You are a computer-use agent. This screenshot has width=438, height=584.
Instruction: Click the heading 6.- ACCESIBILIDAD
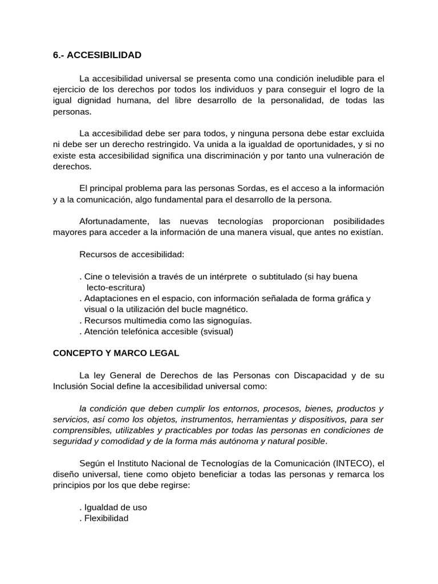coord(97,55)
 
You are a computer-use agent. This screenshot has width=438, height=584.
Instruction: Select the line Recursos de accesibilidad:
coord(132,254)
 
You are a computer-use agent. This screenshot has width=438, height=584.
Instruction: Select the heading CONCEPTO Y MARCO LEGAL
coord(116,354)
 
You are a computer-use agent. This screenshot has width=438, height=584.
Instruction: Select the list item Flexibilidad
coord(106,518)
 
